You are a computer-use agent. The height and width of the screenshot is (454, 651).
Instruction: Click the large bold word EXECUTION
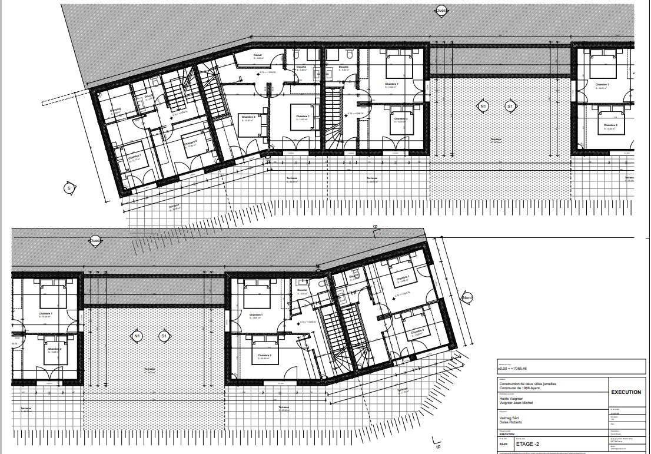[x=626, y=392]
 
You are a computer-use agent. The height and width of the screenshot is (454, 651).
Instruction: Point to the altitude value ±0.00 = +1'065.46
[x=517, y=369]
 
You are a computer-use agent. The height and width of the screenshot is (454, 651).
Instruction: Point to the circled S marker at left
[x=68, y=188]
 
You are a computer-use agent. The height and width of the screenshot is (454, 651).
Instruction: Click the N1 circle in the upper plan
[x=483, y=106]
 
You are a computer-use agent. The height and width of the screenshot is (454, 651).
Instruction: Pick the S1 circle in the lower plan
[x=164, y=336]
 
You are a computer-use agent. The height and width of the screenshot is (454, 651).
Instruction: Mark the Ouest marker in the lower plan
[x=95, y=240]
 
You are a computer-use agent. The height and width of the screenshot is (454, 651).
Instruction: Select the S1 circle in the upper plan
[x=510, y=106]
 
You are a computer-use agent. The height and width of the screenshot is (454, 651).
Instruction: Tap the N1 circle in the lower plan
[x=137, y=336]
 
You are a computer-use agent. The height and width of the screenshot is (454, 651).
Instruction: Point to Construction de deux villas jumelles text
[x=527, y=384]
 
